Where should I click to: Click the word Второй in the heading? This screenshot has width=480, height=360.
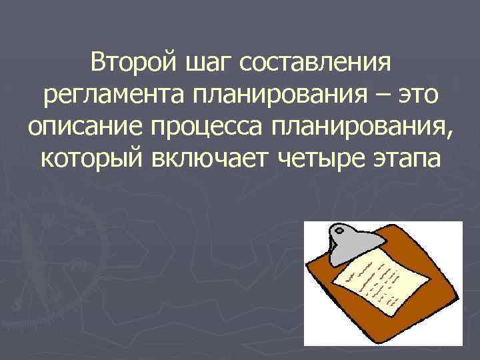pos(129,65)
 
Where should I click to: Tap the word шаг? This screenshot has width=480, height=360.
pos(202,65)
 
